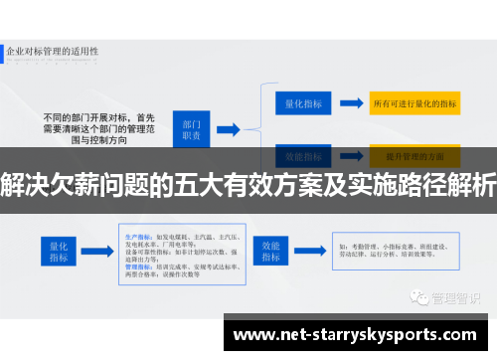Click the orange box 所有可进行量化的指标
(414, 102)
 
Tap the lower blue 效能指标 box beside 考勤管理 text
(272, 250)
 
